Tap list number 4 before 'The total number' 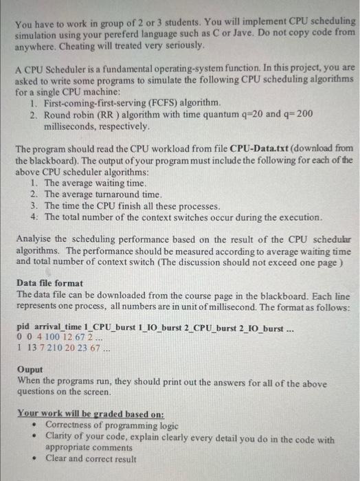click(35, 217)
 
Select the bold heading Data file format click(50, 282)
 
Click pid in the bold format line click(23, 326)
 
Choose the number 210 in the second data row click(60, 348)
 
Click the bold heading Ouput click(30, 369)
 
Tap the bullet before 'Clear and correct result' click(35, 458)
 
